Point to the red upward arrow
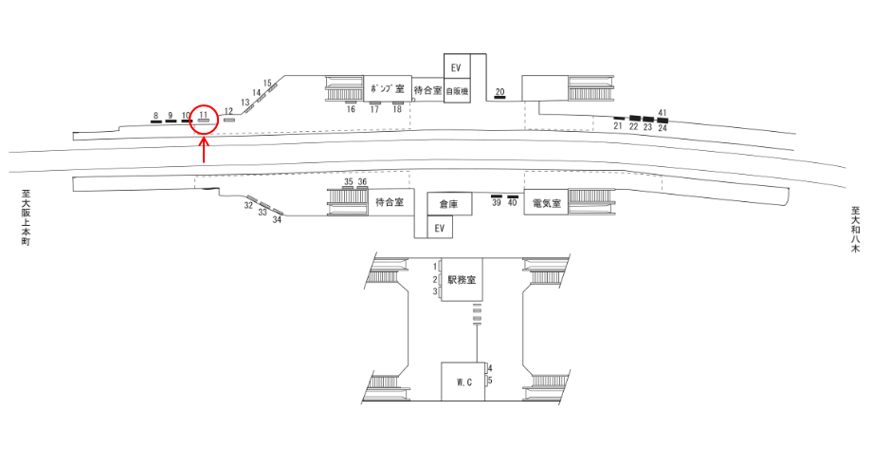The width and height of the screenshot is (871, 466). pyautogui.click(x=205, y=150)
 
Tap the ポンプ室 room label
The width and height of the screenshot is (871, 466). pyautogui.click(x=388, y=89)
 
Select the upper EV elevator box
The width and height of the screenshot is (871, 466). pyautogui.click(x=456, y=67)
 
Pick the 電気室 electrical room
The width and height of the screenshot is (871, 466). pyautogui.click(x=546, y=202)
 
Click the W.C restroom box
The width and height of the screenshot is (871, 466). pyautogui.click(x=463, y=382)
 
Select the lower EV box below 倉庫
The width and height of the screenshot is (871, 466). pyautogui.click(x=439, y=228)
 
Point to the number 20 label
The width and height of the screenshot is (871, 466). pyautogui.click(x=500, y=91)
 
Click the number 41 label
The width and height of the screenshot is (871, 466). pyautogui.click(x=662, y=114)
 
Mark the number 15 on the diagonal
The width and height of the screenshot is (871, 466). pyautogui.click(x=268, y=84)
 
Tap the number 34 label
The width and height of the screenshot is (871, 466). pyautogui.click(x=278, y=220)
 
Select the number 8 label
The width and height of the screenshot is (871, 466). pyautogui.click(x=154, y=116)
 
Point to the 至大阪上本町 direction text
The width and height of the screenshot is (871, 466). pyautogui.click(x=27, y=218)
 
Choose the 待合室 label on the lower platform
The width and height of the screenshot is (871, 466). pyautogui.click(x=390, y=202)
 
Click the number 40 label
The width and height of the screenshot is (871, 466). pyautogui.click(x=513, y=202)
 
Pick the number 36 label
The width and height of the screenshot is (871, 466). pyautogui.click(x=362, y=181)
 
